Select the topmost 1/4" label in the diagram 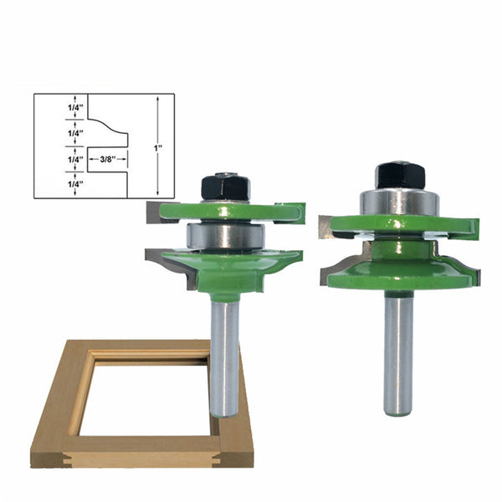pyautogui.click(x=75, y=107)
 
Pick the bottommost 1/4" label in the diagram pyautogui.click(x=75, y=184)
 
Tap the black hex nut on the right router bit pyautogui.click(x=400, y=175)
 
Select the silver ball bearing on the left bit pyautogui.click(x=225, y=236)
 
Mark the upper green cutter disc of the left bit pyautogui.click(x=226, y=213)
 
